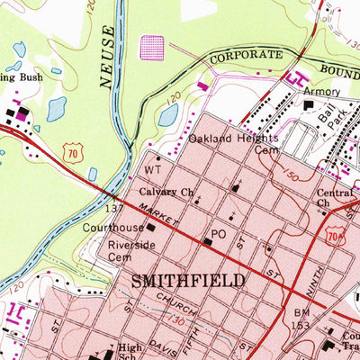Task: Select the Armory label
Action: [x=322, y=92]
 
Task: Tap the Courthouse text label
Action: [x=114, y=228]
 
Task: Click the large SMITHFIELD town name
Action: [x=188, y=281]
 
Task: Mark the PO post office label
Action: [x=217, y=234]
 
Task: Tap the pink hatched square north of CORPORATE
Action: [x=155, y=47]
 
